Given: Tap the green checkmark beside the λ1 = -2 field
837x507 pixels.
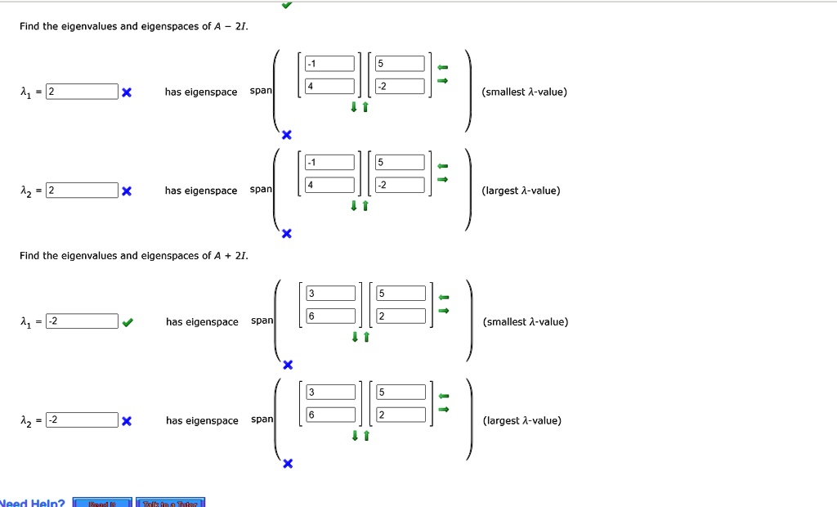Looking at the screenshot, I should pyautogui.click(x=127, y=322).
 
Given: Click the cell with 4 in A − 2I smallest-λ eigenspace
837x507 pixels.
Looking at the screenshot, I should pyautogui.click(x=329, y=86).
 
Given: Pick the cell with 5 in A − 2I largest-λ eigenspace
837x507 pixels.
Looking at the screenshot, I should pyautogui.click(x=400, y=162).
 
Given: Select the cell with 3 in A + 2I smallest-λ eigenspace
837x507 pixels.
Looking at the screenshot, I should pyautogui.click(x=331, y=294).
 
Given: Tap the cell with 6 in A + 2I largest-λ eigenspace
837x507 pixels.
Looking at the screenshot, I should pyautogui.click(x=331, y=415).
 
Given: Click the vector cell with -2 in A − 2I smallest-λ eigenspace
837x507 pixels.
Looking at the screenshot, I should pyautogui.click(x=400, y=86).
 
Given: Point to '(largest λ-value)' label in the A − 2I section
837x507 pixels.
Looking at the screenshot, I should pyautogui.click(x=521, y=191).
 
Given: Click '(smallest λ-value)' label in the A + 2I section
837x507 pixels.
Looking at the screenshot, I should pyautogui.click(x=526, y=322).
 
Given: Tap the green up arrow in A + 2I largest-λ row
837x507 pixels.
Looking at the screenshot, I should pyautogui.click(x=366, y=436).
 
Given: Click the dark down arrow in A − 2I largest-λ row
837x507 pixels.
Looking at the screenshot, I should pyautogui.click(x=355, y=206).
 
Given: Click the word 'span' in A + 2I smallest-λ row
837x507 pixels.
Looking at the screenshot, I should pyautogui.click(x=262, y=321).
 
